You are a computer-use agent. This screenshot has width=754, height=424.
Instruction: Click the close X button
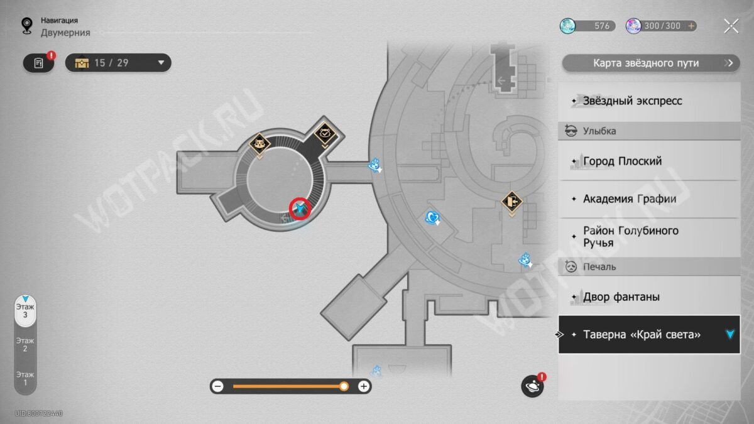point(731,26)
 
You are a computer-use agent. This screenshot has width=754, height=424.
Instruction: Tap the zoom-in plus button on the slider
point(364,386)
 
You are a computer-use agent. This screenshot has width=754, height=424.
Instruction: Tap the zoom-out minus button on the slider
point(218,386)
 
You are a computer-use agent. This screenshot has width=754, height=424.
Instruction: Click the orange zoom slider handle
point(344,386)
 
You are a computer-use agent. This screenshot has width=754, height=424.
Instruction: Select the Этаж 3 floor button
point(25,311)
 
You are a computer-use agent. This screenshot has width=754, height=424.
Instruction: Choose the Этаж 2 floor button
point(25,345)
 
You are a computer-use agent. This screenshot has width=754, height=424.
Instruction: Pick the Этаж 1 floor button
point(25,379)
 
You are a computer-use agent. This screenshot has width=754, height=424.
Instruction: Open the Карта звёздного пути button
point(651,63)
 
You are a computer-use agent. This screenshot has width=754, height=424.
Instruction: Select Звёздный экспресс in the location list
point(649,101)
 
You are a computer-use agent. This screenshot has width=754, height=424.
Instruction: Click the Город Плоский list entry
point(649,161)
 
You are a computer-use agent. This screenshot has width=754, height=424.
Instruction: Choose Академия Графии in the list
point(649,199)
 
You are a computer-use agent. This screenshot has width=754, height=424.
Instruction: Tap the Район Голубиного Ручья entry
point(649,237)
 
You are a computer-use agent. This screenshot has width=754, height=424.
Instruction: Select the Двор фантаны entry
point(649,296)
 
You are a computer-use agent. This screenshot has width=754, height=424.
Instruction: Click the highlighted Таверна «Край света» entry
point(649,334)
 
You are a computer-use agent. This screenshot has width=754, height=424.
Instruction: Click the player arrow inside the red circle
point(300,209)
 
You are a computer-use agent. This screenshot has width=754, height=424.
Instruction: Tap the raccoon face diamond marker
point(260,144)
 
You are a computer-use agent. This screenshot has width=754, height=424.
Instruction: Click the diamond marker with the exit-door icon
point(511,202)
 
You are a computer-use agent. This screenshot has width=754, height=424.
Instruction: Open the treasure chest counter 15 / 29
point(118,63)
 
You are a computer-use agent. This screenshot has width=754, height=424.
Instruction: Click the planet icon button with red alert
point(533,386)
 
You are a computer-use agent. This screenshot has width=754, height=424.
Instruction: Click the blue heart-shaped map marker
point(432,218)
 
